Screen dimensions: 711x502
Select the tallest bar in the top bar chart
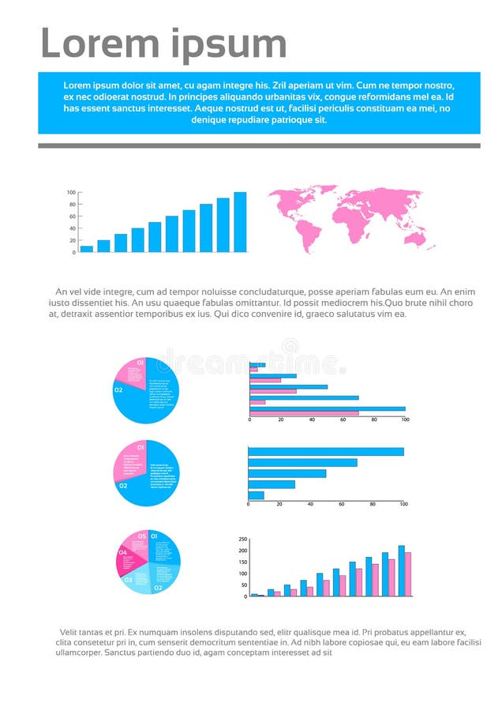click(240, 222)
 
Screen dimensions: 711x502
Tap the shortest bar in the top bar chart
click(87, 249)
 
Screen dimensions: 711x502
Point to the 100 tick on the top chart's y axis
click(71, 193)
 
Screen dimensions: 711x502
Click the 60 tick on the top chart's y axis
click(73, 216)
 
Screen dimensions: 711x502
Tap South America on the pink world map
click(307, 232)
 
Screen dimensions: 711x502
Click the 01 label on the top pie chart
click(140, 362)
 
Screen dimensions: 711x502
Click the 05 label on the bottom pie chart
click(142, 536)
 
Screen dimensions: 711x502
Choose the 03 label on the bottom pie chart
click(129, 580)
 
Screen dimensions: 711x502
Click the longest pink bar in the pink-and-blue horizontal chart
click(304, 413)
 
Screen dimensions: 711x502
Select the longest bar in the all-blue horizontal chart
click(326, 452)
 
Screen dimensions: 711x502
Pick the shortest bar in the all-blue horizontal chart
click(257, 495)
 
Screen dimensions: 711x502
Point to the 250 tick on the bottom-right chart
click(243, 540)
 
